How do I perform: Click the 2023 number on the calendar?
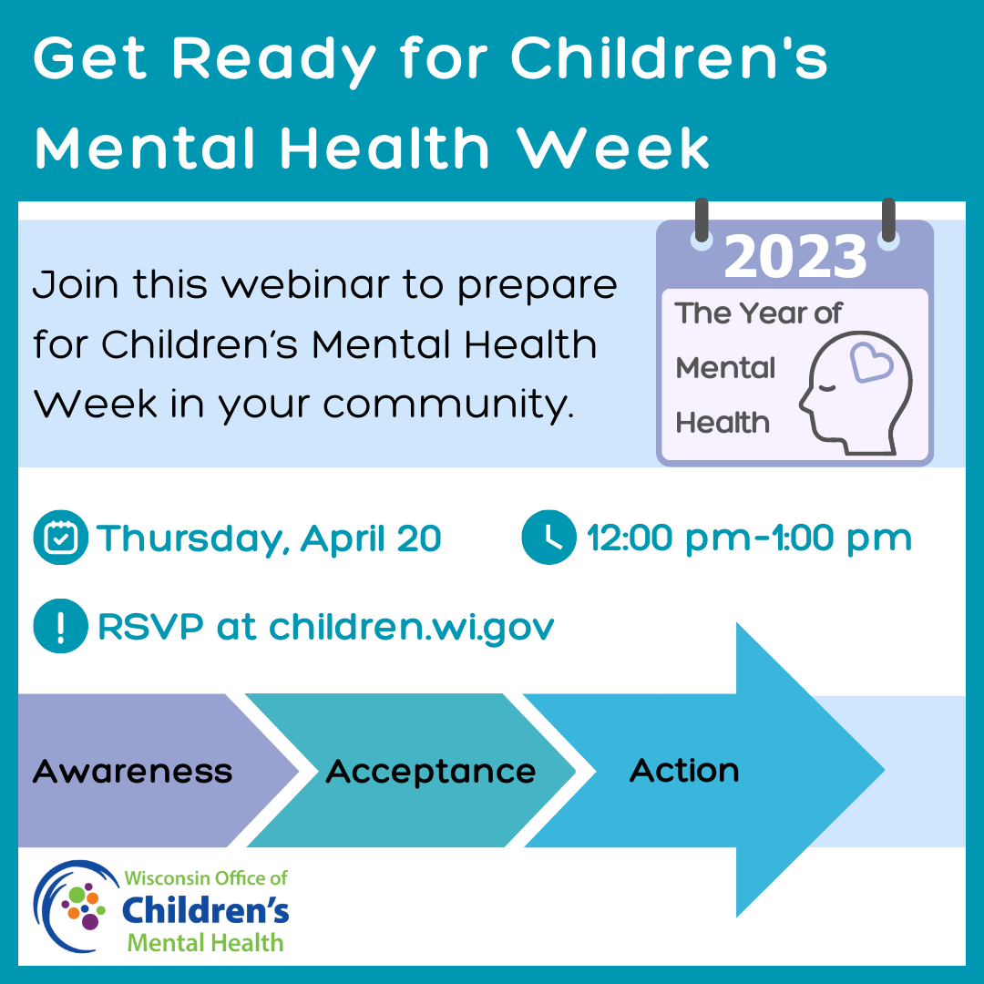(795, 257)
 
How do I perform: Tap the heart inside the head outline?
(871, 363)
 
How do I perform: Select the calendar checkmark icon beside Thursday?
(61, 538)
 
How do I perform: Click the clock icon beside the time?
(549, 538)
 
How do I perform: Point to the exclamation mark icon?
(61, 626)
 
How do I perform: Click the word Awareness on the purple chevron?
(132, 772)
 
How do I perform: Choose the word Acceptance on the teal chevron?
(430, 772)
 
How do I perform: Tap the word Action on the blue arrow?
(684, 770)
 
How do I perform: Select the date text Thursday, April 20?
(269, 539)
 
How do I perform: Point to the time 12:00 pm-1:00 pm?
(749, 538)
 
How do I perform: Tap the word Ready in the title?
(273, 60)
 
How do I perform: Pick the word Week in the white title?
(612, 149)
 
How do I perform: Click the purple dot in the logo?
(89, 920)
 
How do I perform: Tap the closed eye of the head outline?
(827, 388)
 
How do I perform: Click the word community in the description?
(448, 405)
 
